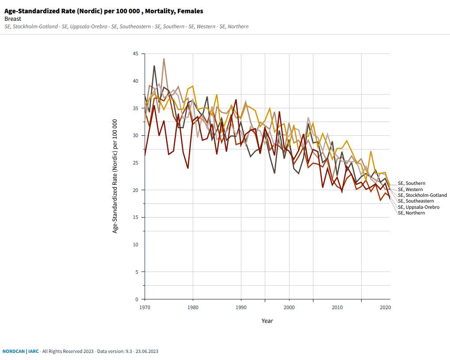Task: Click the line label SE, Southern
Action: pos(412,183)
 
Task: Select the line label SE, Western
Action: pos(410,189)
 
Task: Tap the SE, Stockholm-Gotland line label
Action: pos(422,195)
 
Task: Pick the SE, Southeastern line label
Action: pos(416,201)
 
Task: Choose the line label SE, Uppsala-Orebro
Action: pos(419,207)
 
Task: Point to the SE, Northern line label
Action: pos(411,213)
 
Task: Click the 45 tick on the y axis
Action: pos(135,54)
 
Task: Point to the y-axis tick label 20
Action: pos(135,190)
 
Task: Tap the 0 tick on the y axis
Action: pos(137,299)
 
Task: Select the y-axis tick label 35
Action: pos(135,108)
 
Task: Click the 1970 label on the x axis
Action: pos(145,307)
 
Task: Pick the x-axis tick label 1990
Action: pos(241,307)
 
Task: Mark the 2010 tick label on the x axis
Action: pos(337,307)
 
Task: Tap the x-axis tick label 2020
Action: pos(385,307)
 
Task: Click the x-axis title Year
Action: pos(267,321)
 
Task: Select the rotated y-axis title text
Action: pos(115,176)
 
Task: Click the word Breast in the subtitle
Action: pos(13,19)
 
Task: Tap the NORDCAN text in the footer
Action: pos(13,351)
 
